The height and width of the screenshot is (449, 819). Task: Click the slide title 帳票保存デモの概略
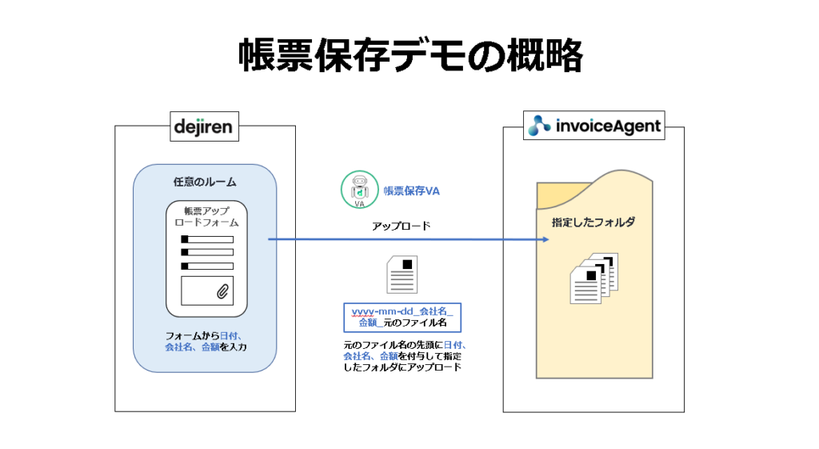tap(410, 55)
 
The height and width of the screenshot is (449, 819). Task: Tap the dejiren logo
tap(204, 126)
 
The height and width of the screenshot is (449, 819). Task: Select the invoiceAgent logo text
tap(609, 126)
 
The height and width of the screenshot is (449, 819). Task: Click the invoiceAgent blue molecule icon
tap(539, 126)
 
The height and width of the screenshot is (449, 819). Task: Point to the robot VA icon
tap(359, 189)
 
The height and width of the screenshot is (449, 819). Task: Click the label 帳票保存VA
tap(412, 190)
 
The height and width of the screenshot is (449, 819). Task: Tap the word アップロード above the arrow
tap(402, 226)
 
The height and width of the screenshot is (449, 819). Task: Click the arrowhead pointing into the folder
tap(545, 239)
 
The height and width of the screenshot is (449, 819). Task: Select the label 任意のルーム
tap(205, 182)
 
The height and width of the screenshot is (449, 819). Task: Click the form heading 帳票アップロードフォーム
tap(207, 216)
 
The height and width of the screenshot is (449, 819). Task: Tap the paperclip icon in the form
tap(222, 291)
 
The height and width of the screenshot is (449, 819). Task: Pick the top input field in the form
tap(207, 239)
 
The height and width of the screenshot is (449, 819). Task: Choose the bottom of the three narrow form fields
tap(207, 266)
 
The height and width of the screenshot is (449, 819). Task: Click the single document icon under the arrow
tap(402, 275)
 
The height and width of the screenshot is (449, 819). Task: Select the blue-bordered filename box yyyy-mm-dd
tap(402, 317)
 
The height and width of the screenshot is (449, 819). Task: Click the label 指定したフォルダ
tap(593, 222)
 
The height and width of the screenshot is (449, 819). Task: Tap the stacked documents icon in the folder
tap(594, 278)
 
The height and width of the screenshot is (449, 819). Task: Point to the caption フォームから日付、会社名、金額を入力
tap(206, 341)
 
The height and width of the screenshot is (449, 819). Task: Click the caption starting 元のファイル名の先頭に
tap(404, 356)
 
